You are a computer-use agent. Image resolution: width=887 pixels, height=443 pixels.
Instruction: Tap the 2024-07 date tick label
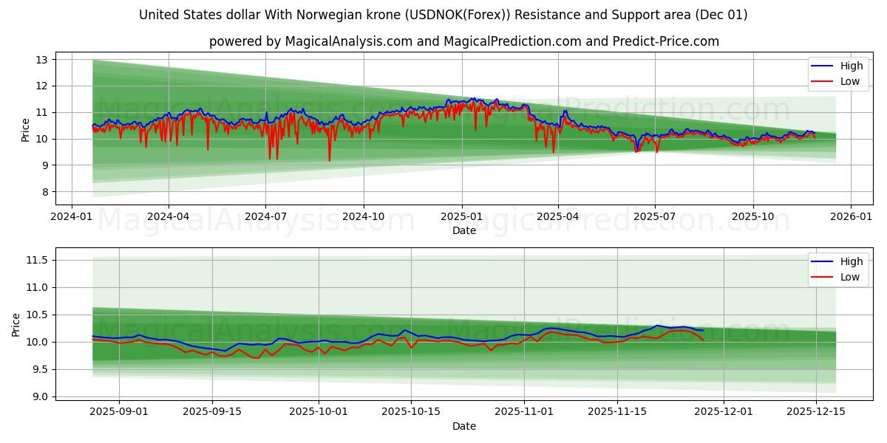click(265, 216)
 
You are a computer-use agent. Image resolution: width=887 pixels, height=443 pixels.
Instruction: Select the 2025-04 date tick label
click(557, 216)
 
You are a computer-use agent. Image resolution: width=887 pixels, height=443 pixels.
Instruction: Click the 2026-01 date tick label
click(850, 216)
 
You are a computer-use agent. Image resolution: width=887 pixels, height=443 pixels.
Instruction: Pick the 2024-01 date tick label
click(71, 216)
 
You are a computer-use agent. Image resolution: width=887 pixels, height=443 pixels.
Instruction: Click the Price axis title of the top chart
click(26, 129)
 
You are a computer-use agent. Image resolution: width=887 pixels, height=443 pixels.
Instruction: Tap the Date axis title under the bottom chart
click(464, 426)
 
